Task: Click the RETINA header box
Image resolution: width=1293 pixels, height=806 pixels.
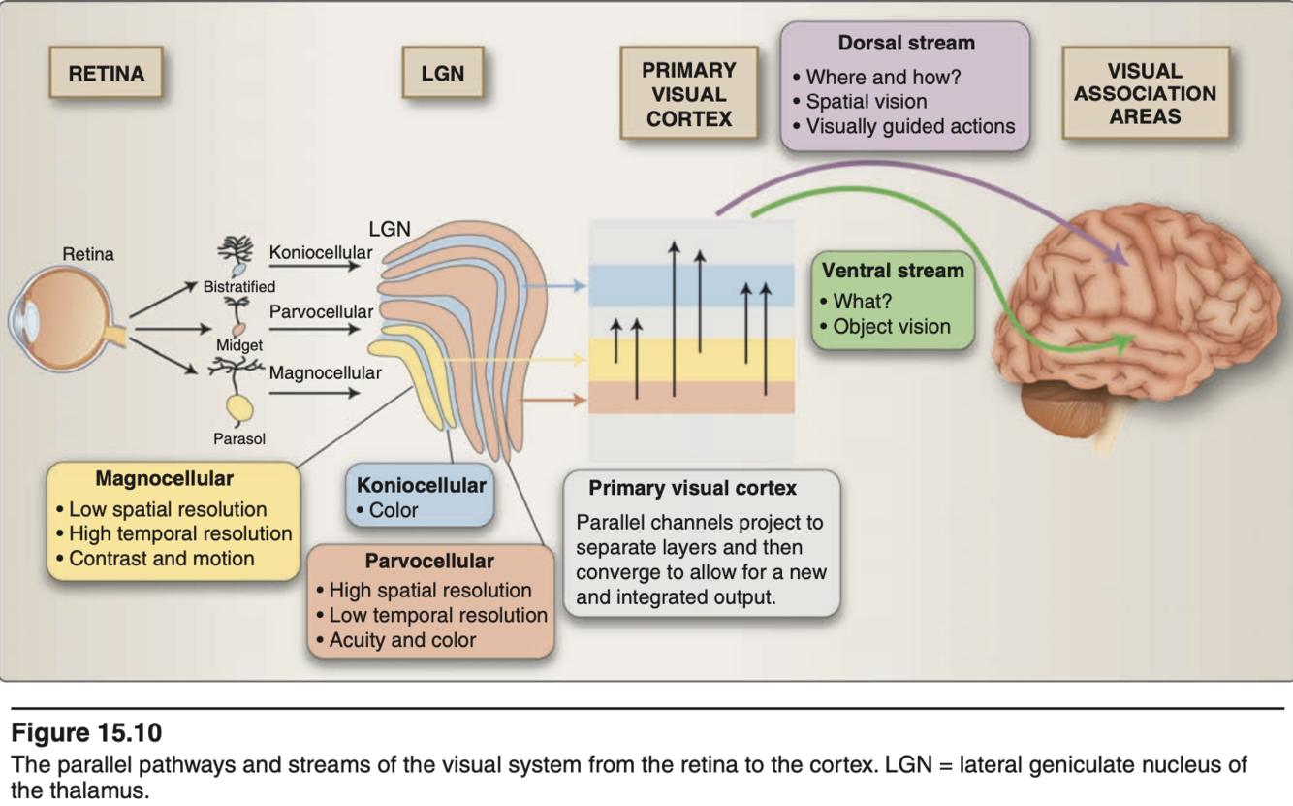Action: pos(107,74)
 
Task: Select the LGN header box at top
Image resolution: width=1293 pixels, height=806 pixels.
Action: pos(443,74)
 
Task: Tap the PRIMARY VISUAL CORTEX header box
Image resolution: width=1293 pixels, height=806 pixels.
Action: pos(689,95)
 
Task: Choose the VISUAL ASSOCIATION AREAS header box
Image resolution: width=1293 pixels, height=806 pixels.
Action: pos(1145,94)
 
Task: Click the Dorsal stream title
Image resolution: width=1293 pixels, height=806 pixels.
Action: pos(906,44)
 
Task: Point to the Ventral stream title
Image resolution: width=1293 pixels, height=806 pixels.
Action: pos(893,271)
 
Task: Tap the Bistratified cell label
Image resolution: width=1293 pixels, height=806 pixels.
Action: pos(238,287)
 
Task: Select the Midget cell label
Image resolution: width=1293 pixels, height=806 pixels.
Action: pos(239,345)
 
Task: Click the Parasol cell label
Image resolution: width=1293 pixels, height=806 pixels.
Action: pos(239,438)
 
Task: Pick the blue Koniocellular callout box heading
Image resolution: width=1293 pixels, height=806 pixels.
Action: pos(422,485)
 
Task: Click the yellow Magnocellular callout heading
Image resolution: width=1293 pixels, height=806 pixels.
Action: pos(165,479)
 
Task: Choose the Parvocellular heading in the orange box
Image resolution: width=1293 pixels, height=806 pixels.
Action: pos(429,561)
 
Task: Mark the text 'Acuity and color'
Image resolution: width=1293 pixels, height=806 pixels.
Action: pos(402,640)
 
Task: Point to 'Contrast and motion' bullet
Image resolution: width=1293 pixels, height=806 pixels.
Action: pos(161,559)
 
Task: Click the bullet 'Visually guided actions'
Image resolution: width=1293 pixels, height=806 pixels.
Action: pos(910,126)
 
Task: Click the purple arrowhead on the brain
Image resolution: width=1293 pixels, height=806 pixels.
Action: pos(1120,258)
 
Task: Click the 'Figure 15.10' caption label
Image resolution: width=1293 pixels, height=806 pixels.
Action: pos(87,732)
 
